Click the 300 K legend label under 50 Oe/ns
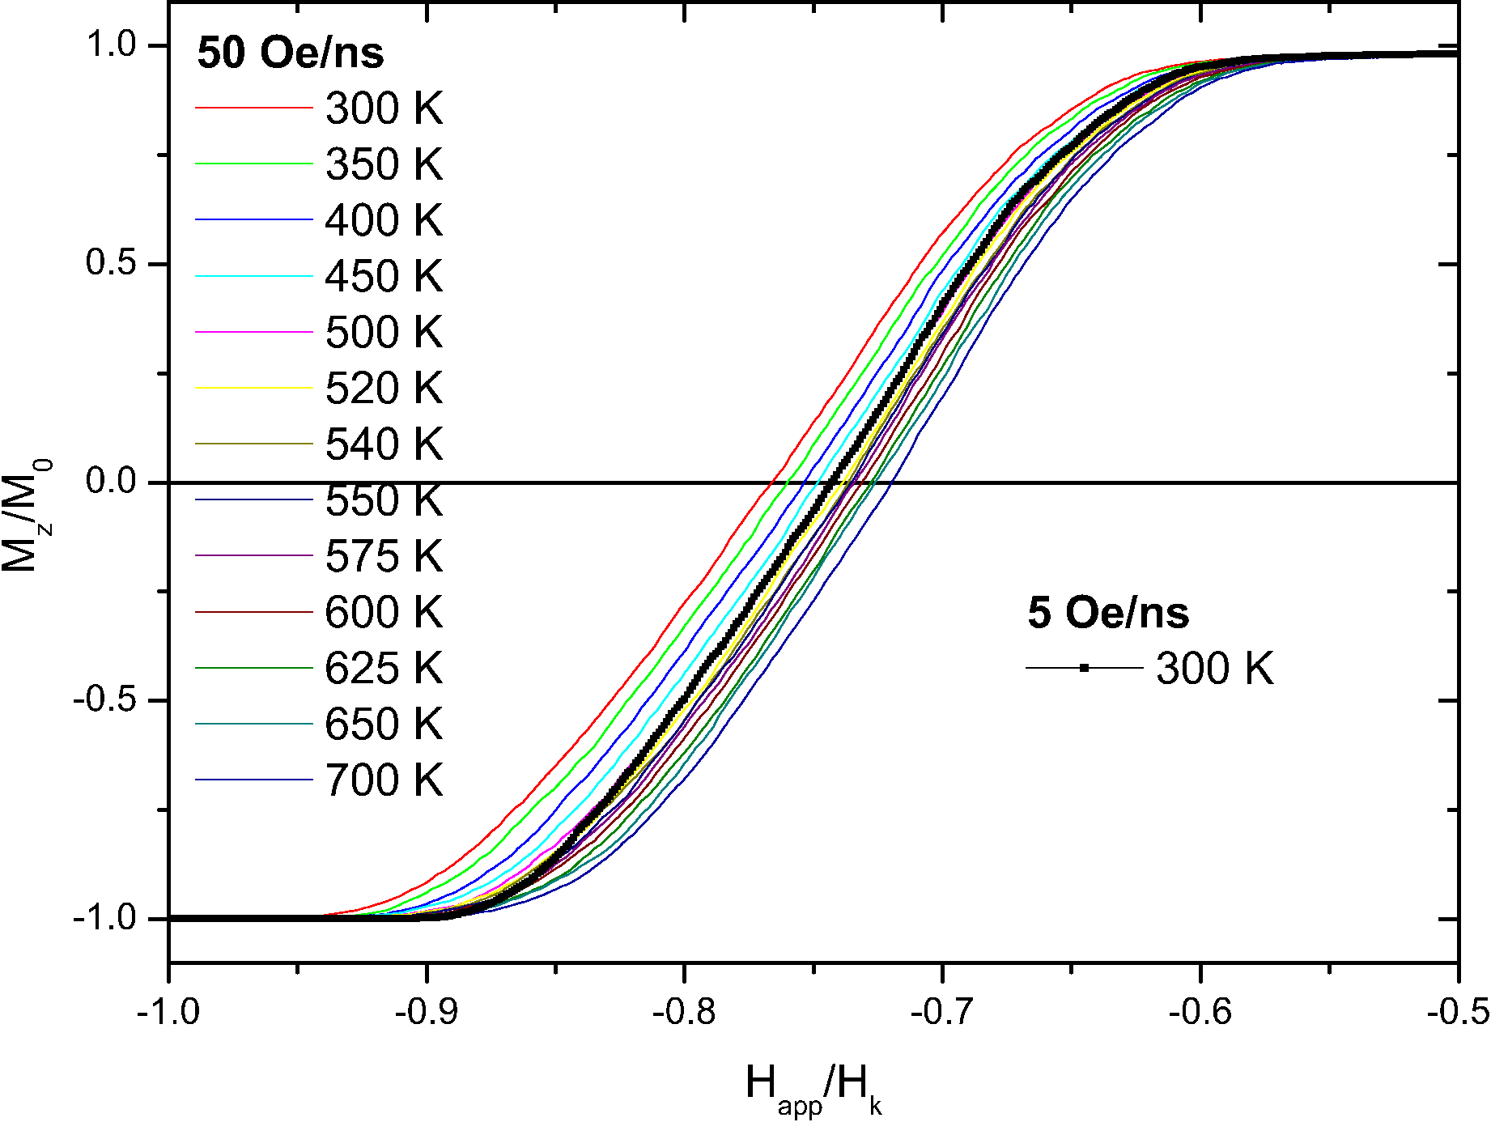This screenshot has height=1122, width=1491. click(384, 108)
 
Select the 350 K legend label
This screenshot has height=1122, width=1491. click(384, 164)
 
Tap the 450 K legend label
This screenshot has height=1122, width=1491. click(384, 276)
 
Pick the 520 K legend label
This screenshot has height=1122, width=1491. click(384, 388)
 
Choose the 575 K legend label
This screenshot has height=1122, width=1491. click(384, 556)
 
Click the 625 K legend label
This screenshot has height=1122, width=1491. click(384, 668)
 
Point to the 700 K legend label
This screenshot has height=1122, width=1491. click(384, 780)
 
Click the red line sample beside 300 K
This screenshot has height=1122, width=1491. click(253, 108)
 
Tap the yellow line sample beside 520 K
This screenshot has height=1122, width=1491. click(253, 388)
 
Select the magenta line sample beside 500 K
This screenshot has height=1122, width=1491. click(253, 332)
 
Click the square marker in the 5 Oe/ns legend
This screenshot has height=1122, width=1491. click(1084, 668)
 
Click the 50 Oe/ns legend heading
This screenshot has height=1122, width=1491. click(291, 53)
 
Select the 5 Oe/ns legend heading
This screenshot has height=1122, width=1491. click(1108, 613)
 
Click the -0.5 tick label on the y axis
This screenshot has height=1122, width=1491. click(104, 700)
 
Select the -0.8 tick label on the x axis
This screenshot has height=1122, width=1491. click(685, 1012)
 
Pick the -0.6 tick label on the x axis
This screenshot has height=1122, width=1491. click(1200, 1012)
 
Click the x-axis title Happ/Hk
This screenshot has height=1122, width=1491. click(813, 1088)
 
